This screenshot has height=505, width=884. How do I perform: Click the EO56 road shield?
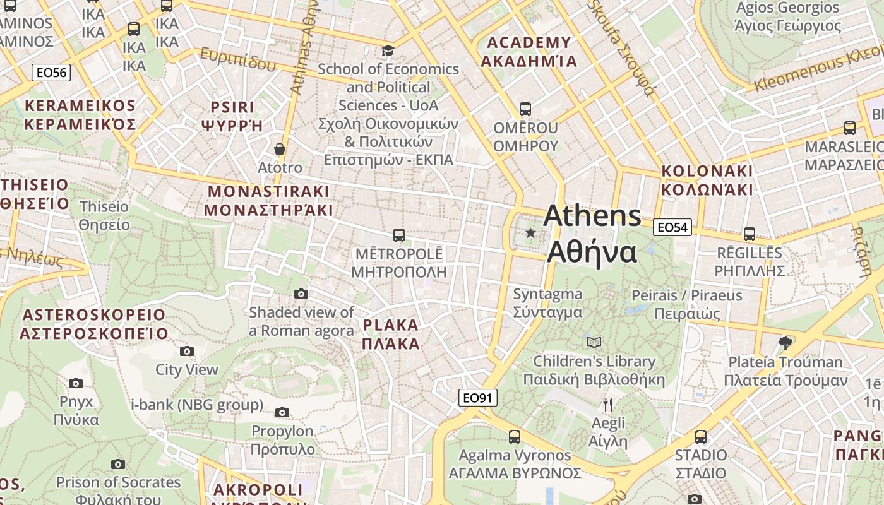tap(51, 73)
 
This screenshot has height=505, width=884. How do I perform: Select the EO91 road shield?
tap(478, 398)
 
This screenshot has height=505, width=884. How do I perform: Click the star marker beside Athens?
tap(530, 234)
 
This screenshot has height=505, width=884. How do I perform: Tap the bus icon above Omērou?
tap(525, 109)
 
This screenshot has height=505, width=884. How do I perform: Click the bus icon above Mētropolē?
tap(398, 235)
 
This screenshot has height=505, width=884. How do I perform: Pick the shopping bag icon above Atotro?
tap(280, 149)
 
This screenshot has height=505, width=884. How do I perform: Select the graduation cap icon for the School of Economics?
tap(388, 50)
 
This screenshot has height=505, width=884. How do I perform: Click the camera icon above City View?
tap(186, 351)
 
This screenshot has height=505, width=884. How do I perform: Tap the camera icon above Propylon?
tap(282, 413)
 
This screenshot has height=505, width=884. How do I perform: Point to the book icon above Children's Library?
tap(594, 342)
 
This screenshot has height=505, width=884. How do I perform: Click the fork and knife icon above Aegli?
tap(608, 404)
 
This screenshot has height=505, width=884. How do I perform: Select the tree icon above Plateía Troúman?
tap(785, 343)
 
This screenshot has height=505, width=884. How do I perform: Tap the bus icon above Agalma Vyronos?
tap(515, 436)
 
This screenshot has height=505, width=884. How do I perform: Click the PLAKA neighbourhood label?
tap(391, 335)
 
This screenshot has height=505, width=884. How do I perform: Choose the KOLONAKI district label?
tap(707, 180)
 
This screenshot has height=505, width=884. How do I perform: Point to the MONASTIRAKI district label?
tap(268, 201)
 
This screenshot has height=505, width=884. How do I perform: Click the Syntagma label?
tap(547, 303)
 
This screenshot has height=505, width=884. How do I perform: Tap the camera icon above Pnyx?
tap(76, 383)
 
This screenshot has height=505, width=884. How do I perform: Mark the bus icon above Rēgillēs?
tap(750, 234)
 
